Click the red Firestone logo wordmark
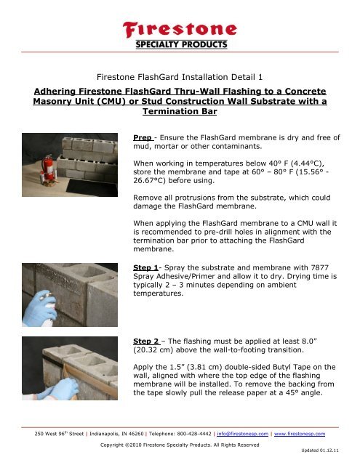coord(180,30)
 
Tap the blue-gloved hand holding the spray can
coord(44,305)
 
